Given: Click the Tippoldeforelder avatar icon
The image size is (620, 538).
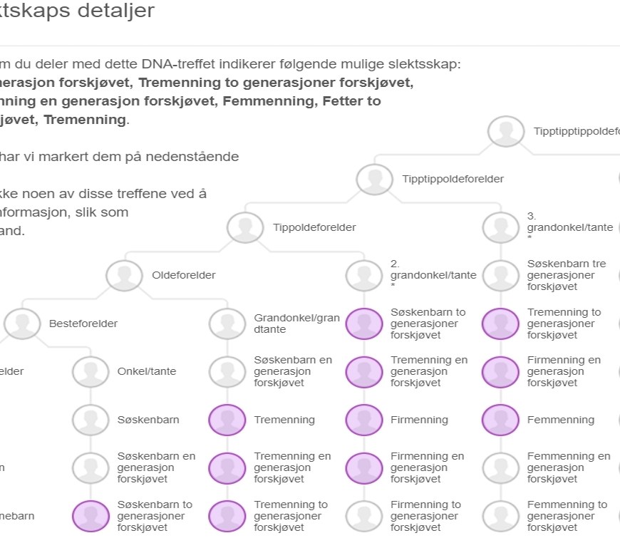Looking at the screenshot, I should point(244,228).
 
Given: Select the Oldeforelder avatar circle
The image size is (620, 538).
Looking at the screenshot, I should point(124,275).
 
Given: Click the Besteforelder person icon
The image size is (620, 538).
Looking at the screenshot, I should point(22,324).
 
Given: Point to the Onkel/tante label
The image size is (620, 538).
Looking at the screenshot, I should point(147,371).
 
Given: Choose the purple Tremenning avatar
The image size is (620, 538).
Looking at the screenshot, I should point(227,420).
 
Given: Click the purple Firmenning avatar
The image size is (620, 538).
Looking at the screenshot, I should point(363,420).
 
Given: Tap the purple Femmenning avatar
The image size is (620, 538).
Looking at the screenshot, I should point(500,420).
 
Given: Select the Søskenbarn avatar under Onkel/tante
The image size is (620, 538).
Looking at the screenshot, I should point(90,420).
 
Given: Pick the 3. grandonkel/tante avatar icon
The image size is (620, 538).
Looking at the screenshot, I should point(500,228).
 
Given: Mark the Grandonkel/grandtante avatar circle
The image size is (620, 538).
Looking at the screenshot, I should point(227,324).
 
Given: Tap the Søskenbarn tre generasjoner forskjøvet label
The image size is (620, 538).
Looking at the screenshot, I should point(566,275).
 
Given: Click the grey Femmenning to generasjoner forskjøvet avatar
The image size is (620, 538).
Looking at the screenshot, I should point(500,516).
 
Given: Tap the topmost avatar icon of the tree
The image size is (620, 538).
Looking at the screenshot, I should point(506,132).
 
